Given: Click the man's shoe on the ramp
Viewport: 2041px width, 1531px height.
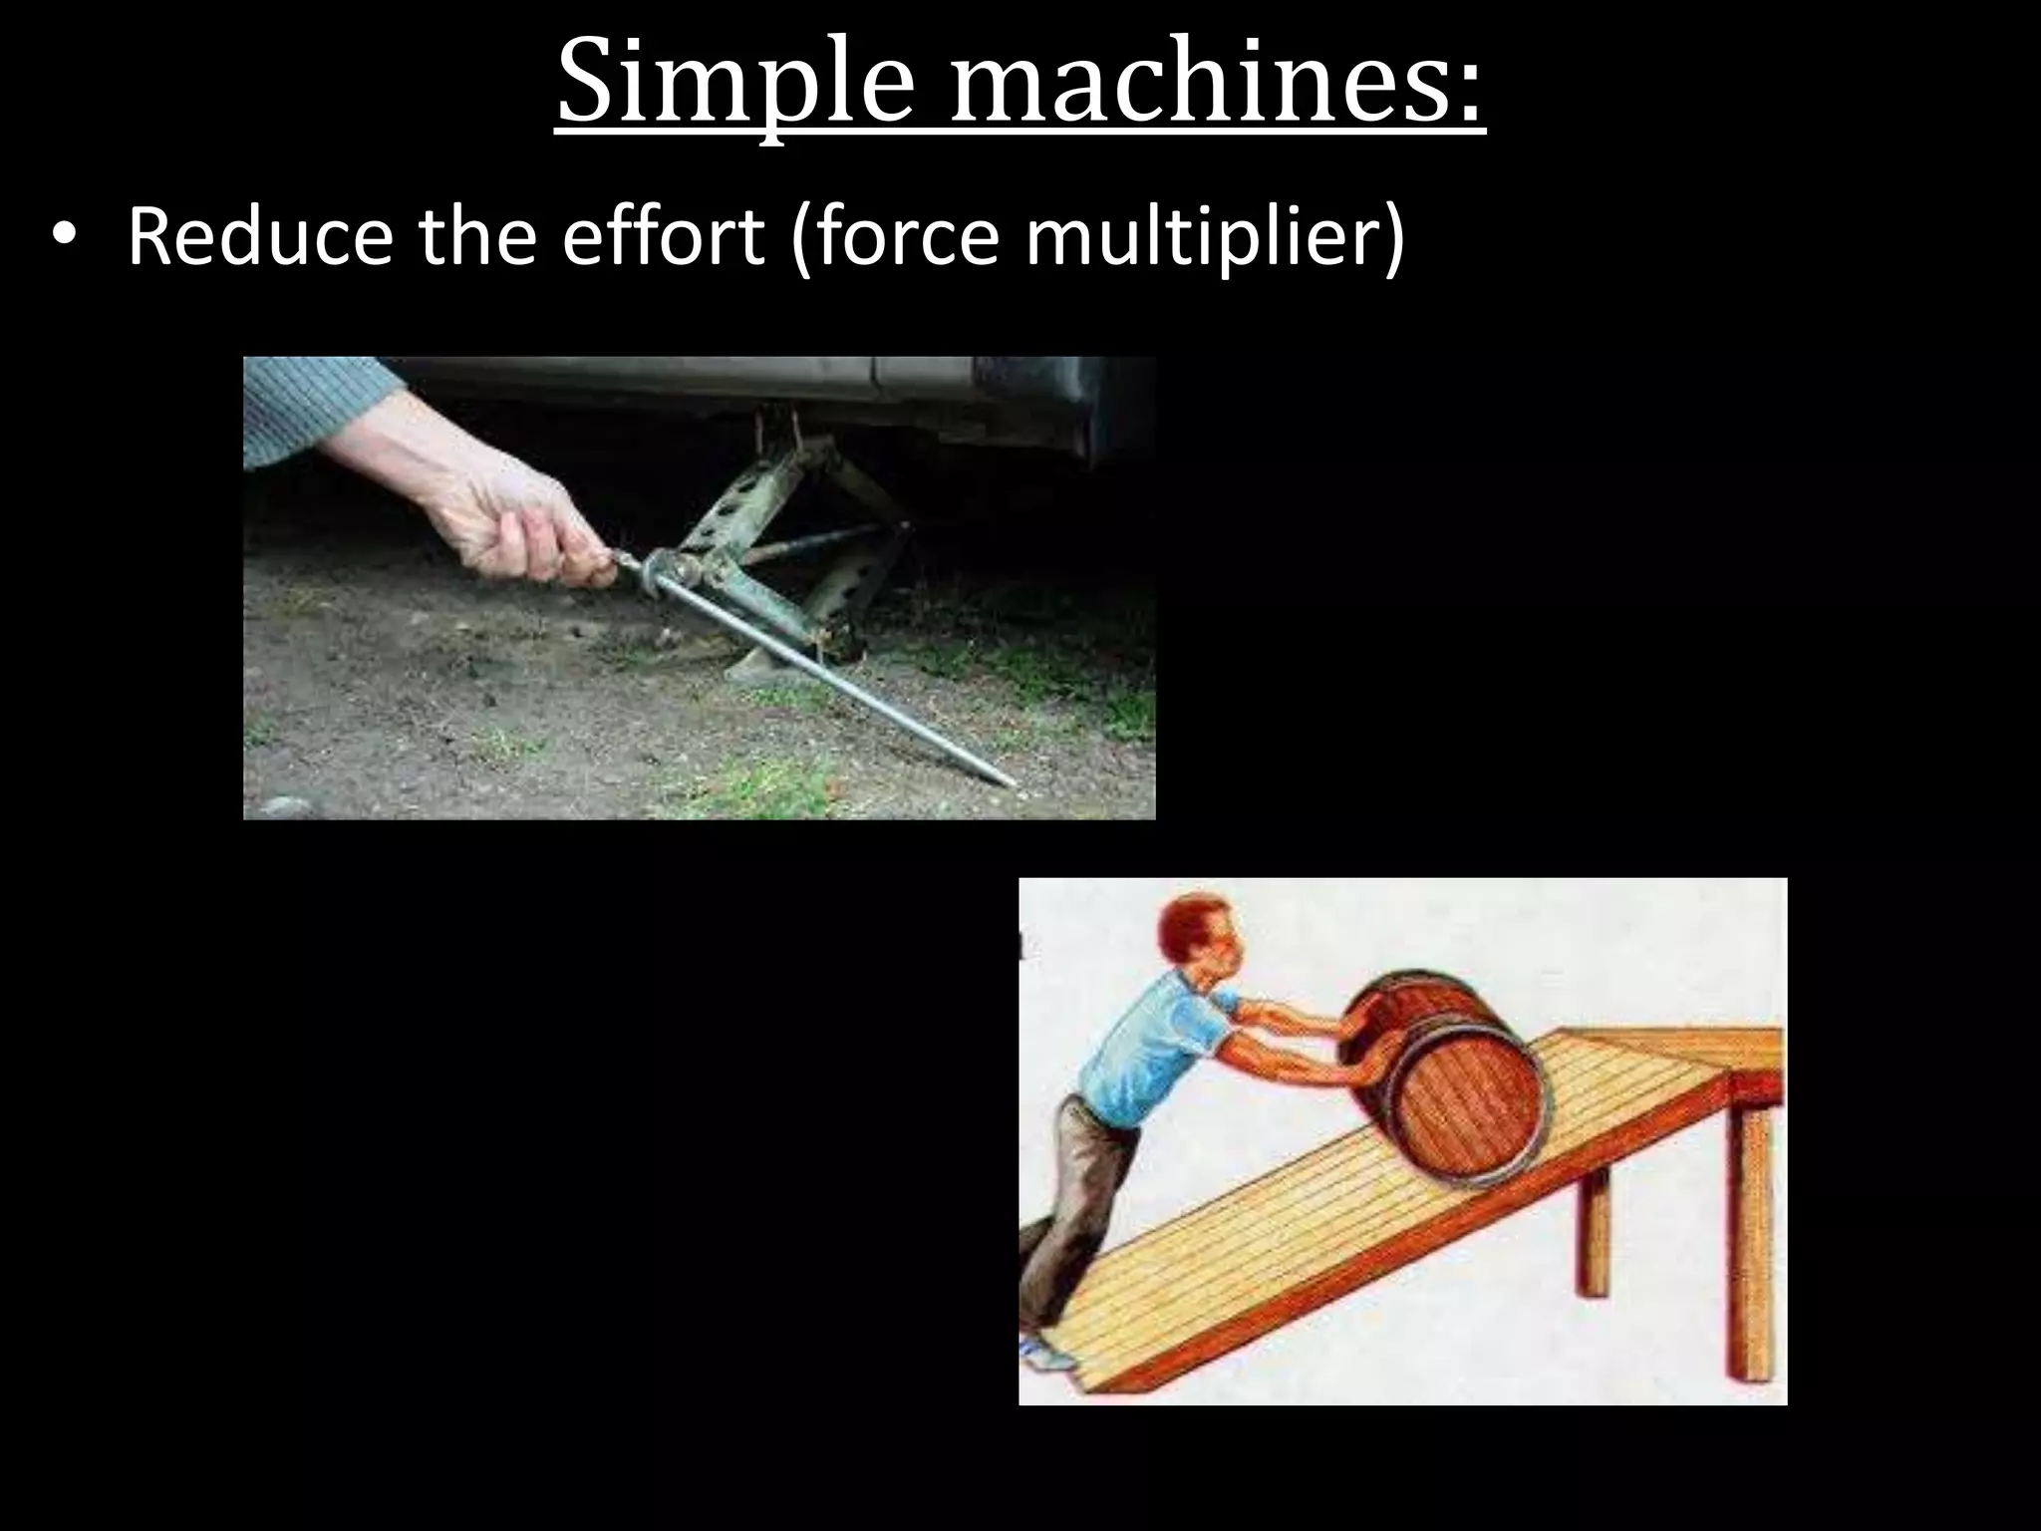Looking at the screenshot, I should tap(1046, 1356).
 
